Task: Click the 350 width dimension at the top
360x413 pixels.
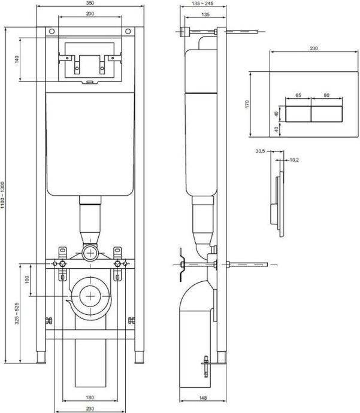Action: click(x=89, y=3)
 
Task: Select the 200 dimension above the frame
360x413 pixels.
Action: click(x=89, y=13)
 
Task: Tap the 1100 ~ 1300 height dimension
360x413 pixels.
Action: click(x=4, y=195)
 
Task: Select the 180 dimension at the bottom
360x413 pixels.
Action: click(x=89, y=397)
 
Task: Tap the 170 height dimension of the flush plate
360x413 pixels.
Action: click(x=246, y=104)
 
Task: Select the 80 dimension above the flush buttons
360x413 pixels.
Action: click(x=326, y=95)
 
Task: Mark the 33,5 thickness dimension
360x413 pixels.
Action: click(x=259, y=151)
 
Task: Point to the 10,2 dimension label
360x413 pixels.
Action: click(x=294, y=160)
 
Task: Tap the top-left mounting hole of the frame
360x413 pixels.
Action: click(x=52, y=31)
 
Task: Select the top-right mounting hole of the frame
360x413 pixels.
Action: click(x=127, y=31)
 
